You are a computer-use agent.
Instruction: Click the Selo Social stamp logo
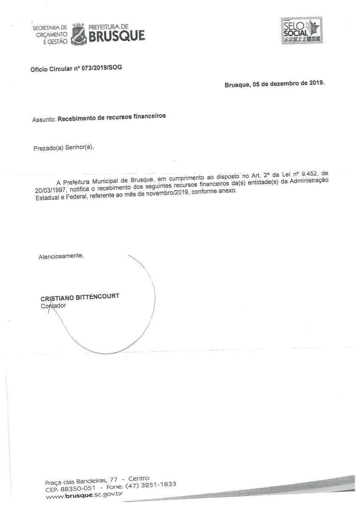click(301, 31)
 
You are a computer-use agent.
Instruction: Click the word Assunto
click(44, 120)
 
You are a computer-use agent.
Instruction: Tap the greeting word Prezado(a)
click(48, 148)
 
